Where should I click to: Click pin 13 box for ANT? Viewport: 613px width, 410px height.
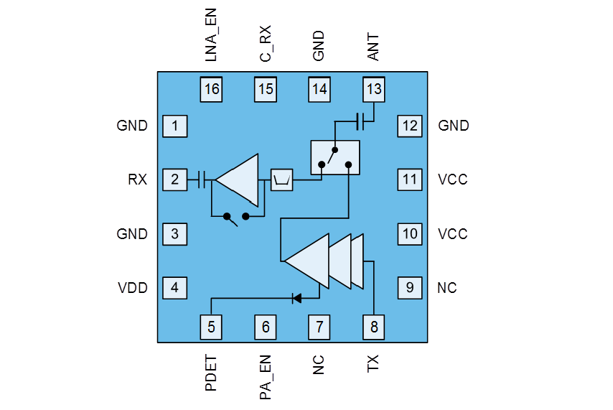373,90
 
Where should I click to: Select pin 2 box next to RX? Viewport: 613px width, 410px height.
175,180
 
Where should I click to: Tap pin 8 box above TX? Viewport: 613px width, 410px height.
373,327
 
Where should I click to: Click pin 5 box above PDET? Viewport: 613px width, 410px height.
211,327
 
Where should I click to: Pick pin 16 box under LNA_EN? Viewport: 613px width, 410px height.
211,90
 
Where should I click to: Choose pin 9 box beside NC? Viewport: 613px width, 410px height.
409,288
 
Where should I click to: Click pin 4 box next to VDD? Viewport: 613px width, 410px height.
175,288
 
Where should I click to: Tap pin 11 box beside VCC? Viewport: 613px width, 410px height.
409,180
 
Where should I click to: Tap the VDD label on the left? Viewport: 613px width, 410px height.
133,288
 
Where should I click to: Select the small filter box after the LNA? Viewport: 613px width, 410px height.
281,180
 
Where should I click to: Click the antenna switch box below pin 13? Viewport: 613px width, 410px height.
334,157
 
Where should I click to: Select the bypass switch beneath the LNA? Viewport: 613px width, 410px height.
237,217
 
